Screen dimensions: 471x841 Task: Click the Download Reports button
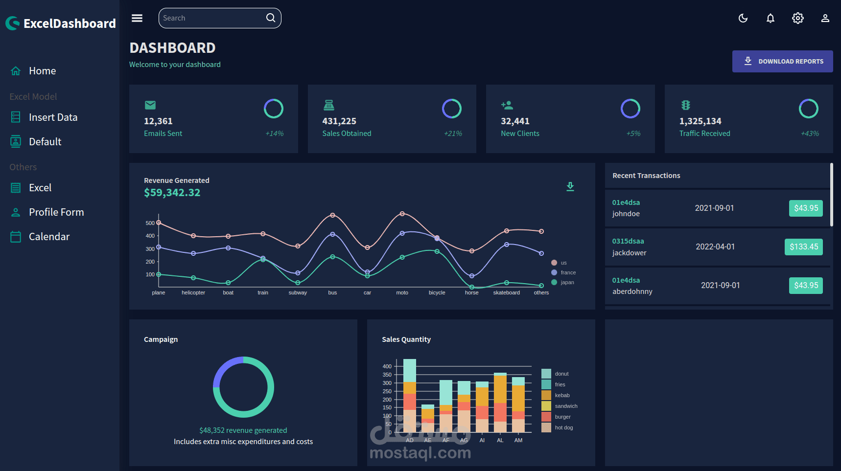point(782,61)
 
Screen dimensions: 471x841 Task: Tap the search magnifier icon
point(271,18)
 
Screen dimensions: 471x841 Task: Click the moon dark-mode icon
point(743,18)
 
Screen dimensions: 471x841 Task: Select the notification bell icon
point(771,18)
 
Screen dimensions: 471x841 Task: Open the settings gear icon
point(798,18)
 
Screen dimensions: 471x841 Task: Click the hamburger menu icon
point(137,18)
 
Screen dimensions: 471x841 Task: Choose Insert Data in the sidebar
point(53,117)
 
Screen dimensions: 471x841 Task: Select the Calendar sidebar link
point(49,237)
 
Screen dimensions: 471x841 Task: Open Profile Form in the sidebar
point(56,212)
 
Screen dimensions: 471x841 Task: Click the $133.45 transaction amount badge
point(803,247)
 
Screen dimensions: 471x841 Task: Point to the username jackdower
point(629,253)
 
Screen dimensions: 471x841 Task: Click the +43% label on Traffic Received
point(810,134)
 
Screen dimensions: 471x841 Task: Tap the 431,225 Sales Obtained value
point(339,121)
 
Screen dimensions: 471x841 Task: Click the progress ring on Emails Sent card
point(274,109)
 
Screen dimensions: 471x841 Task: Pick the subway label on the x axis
point(298,292)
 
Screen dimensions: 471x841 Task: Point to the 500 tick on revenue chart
point(150,223)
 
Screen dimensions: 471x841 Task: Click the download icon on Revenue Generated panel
point(570,186)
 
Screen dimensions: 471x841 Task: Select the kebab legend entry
point(562,395)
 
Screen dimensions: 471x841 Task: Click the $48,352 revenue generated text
point(243,430)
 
